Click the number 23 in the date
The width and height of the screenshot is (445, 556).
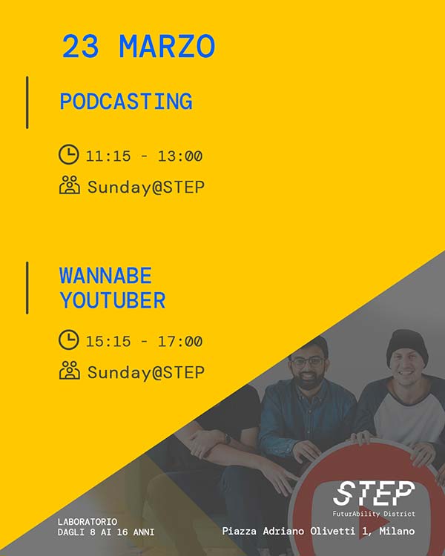pos(81,47)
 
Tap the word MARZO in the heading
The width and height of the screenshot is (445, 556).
pos(167,47)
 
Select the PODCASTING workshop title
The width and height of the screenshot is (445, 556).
pos(126,102)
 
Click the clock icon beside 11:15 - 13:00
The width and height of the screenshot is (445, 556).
pos(69,154)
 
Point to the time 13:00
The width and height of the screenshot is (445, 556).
pos(180,156)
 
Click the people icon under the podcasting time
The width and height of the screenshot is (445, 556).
pos(70,185)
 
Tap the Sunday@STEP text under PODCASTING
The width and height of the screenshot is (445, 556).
pos(146,187)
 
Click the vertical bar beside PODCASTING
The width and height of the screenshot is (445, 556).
pos(27,102)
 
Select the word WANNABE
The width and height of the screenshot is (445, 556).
pos(105,276)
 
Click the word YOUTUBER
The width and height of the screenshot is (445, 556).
pos(113,300)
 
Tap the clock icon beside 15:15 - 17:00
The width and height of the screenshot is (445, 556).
pos(69,340)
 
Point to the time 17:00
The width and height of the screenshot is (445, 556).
pos(180,342)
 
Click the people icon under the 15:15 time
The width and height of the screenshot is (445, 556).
pos(70,370)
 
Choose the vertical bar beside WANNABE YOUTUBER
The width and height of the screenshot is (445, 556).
pos(27,288)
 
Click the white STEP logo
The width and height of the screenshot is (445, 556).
pos(374,493)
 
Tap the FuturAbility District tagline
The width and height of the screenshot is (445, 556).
pos(374,514)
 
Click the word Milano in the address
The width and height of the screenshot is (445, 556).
pos(397,531)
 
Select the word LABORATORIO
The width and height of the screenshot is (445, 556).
pos(88,522)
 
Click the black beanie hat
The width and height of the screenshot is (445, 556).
pos(407,345)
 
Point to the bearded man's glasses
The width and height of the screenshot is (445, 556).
pos(307,362)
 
